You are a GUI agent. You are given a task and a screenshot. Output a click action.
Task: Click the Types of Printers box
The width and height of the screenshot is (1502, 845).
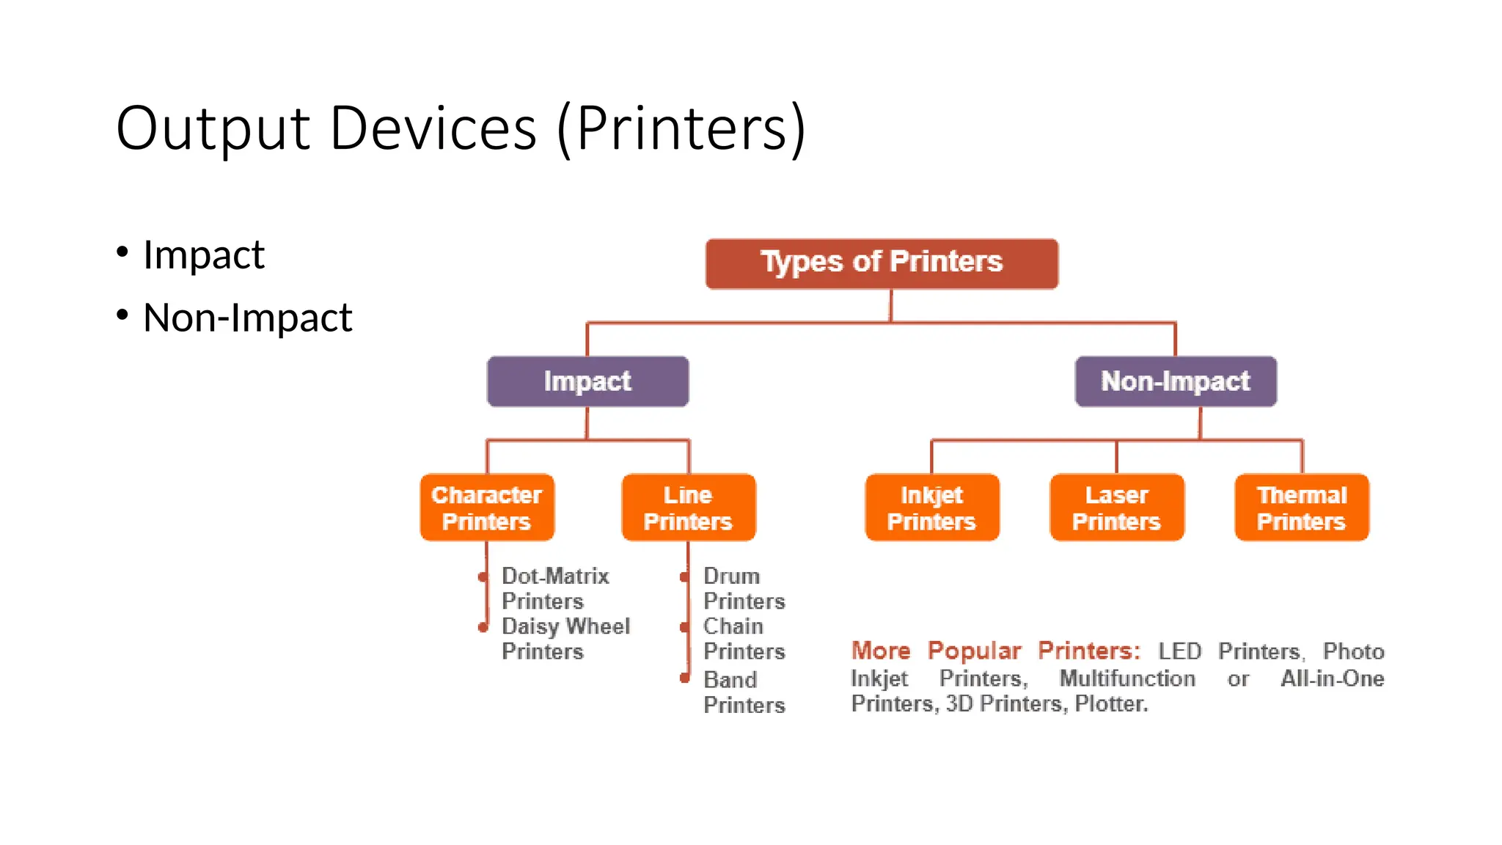tap(882, 263)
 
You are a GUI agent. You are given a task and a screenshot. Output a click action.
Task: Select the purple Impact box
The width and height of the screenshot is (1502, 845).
tap(587, 381)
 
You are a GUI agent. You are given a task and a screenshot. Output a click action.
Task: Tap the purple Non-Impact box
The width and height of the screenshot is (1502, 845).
tap(1176, 381)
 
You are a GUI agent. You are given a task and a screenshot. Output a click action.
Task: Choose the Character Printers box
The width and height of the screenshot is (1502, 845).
tap(487, 508)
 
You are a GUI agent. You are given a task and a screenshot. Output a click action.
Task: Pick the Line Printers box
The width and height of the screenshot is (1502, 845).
tap(688, 508)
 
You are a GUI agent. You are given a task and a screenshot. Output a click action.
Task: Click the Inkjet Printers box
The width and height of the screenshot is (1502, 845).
tap(931, 508)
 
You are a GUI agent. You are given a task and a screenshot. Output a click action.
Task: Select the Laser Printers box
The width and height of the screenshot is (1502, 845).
tap(1116, 508)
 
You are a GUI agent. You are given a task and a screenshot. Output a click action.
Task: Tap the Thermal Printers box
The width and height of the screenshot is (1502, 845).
tap(1302, 508)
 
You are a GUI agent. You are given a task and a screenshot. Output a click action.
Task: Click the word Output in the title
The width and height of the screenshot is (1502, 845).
tap(213, 129)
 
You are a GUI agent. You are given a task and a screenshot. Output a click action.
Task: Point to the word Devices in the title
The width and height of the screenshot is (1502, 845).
tap(433, 129)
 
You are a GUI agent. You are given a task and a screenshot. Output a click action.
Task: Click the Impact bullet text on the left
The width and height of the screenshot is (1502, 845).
tap(203, 255)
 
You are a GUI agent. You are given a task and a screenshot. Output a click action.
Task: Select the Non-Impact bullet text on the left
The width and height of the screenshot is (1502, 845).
tap(247, 318)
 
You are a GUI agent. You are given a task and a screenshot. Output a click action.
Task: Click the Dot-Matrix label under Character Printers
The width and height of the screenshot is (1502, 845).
tap(555, 576)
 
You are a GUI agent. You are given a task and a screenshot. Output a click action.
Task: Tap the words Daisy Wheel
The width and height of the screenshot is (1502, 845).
tap(565, 626)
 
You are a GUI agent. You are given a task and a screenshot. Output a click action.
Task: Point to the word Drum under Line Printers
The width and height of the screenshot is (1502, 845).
tap(731, 576)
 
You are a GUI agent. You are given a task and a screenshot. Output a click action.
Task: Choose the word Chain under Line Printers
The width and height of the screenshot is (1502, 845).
tap(733, 626)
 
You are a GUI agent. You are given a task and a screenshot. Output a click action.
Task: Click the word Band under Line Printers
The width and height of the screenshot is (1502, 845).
tap(730, 680)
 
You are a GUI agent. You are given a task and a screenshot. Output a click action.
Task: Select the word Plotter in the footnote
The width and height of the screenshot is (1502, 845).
tap(1110, 704)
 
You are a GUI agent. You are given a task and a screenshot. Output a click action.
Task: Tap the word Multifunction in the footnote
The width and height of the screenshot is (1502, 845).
tap(1127, 678)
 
